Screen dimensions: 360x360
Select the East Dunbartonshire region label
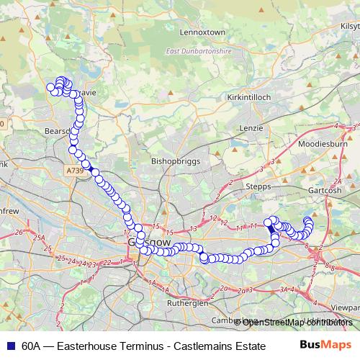click(x=199, y=51)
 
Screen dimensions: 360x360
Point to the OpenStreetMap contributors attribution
click(x=297, y=322)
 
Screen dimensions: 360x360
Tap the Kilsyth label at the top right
click(x=348, y=24)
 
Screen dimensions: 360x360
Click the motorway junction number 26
click(x=19, y=232)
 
